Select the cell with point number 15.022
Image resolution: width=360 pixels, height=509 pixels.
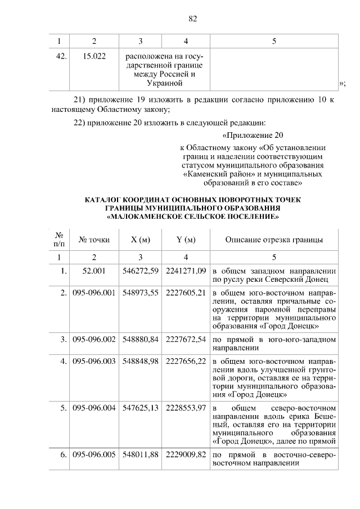point(94,56)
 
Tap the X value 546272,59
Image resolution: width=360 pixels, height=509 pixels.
point(142,271)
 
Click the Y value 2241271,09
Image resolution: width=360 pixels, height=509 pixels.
point(186,271)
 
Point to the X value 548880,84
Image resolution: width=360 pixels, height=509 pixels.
point(142,340)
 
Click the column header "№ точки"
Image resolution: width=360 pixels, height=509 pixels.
point(94,240)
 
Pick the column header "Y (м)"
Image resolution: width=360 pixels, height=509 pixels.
point(186,240)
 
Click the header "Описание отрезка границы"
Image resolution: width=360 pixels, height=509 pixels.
point(274,240)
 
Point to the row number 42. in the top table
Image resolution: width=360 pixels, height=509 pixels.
point(62,56)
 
